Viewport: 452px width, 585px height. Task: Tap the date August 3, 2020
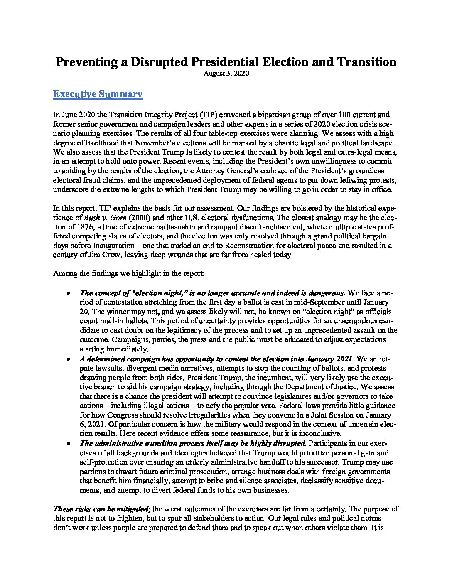pyautogui.click(x=226, y=74)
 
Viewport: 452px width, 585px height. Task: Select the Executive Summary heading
pyautogui.click(x=98, y=94)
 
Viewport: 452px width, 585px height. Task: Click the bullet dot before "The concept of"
pyautogui.click(x=68, y=293)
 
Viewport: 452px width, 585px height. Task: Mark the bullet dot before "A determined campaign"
pyautogui.click(x=68, y=359)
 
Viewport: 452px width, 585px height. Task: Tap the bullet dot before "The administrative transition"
pyautogui.click(x=68, y=443)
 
